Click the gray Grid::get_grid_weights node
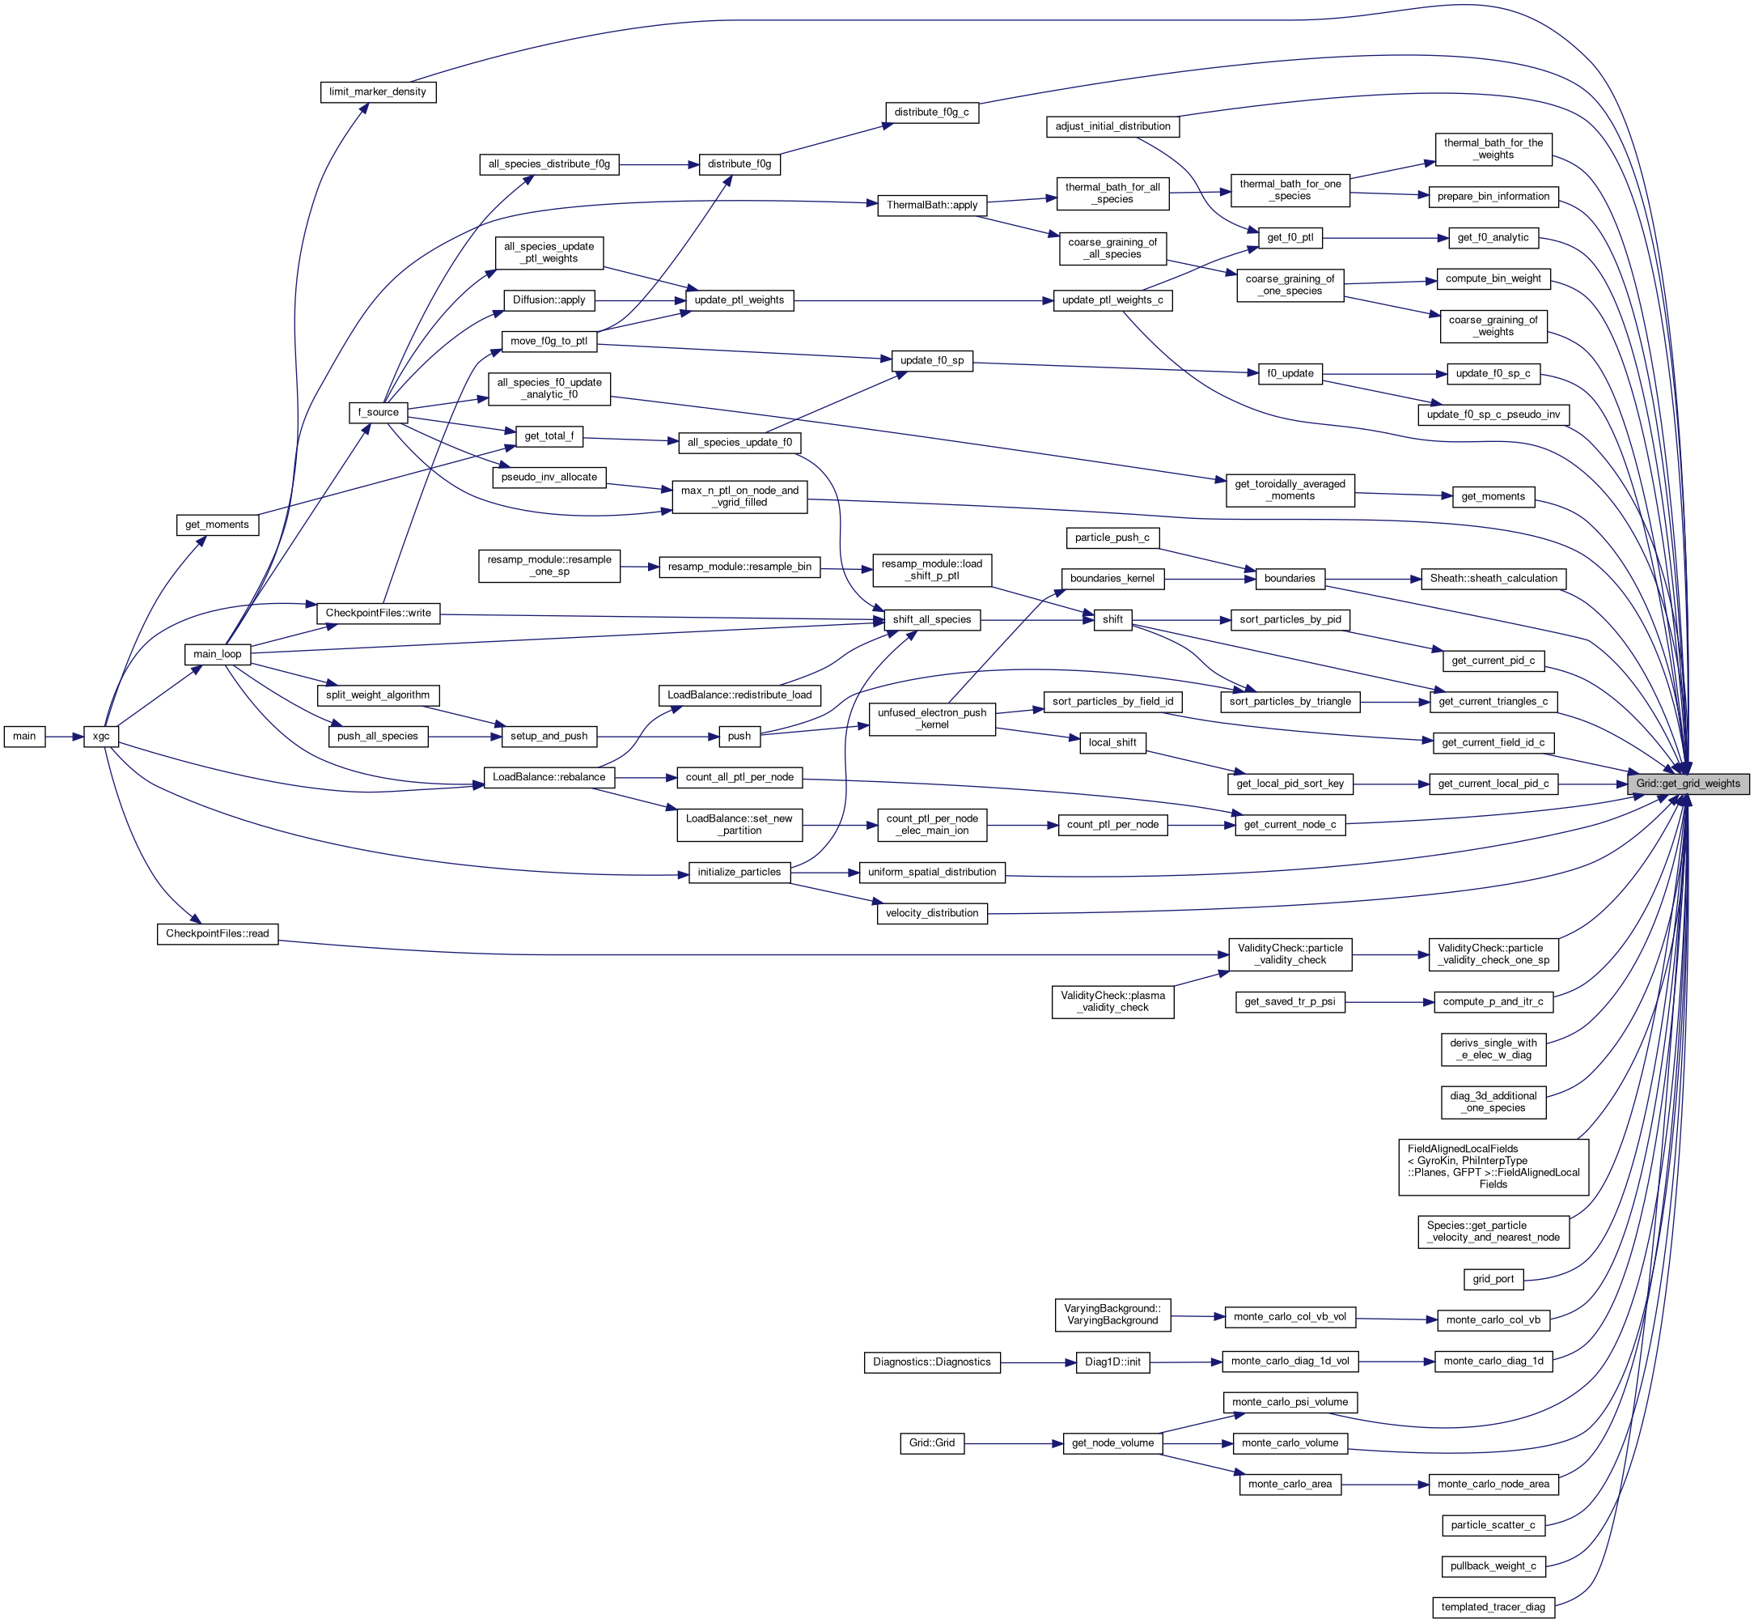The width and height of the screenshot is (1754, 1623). (x=1688, y=784)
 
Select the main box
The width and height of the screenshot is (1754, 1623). (x=24, y=736)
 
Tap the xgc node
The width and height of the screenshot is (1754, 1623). (x=101, y=736)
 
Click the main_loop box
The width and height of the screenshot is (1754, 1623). (x=217, y=653)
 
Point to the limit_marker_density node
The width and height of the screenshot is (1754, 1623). (x=378, y=91)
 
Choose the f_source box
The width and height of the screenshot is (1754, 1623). (x=378, y=412)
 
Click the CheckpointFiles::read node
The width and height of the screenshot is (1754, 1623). (x=217, y=933)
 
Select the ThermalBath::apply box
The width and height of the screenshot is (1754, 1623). (x=931, y=205)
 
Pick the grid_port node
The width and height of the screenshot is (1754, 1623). (x=1493, y=1279)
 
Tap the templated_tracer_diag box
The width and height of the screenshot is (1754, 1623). (x=1493, y=1607)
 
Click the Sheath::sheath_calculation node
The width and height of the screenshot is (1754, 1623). (x=1493, y=578)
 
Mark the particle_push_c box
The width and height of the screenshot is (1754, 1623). (x=1112, y=537)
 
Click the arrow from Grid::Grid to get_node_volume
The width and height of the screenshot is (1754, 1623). (x=1013, y=1443)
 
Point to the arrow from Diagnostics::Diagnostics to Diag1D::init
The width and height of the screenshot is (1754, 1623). (x=1038, y=1362)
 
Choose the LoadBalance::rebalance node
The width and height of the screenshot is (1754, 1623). (x=549, y=777)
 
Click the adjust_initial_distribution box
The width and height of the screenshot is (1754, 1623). (x=1112, y=126)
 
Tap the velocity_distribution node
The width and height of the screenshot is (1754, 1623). (x=931, y=913)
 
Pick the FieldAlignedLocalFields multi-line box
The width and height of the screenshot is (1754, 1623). (x=1493, y=1166)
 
